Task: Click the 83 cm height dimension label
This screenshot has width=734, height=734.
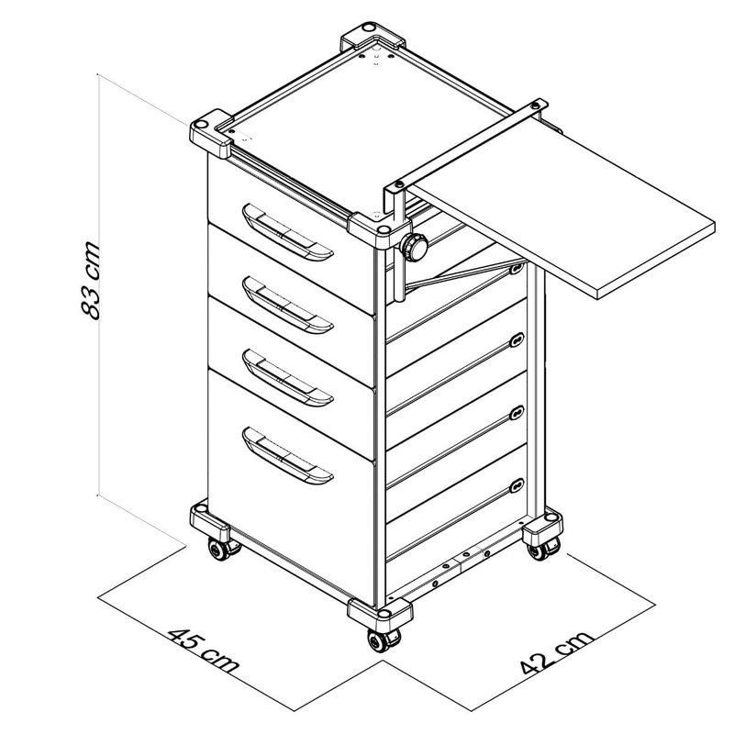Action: (x=90, y=281)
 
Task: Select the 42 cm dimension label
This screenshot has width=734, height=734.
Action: (x=557, y=652)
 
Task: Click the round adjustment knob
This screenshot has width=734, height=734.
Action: (x=414, y=247)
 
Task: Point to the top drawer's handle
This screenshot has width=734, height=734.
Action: (x=287, y=232)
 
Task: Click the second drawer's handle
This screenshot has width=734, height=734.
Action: (x=287, y=305)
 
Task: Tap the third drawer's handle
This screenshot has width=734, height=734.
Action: (x=287, y=378)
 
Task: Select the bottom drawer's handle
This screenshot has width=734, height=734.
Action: (x=287, y=455)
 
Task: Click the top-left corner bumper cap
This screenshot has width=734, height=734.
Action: (x=211, y=133)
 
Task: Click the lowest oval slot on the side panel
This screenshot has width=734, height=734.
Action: (x=517, y=486)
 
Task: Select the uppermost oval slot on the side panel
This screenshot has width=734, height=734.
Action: (x=517, y=268)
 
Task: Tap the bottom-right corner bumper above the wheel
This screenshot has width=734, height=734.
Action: (x=542, y=527)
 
